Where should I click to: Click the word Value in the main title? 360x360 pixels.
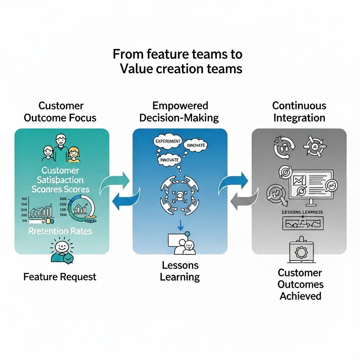click(x=135, y=68)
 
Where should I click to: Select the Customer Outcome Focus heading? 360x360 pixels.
click(x=60, y=111)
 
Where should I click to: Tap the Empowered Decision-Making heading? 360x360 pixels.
click(x=180, y=111)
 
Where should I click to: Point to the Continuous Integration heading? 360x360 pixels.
click(x=299, y=111)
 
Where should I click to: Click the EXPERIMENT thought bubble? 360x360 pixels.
click(x=168, y=141)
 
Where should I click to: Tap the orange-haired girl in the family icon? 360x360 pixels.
click(x=74, y=154)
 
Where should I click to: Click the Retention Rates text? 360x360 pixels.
click(x=60, y=231)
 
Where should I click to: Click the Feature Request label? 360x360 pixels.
click(x=60, y=277)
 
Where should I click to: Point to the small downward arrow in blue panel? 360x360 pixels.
click(x=180, y=225)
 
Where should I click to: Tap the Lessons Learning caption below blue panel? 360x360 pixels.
click(x=180, y=271)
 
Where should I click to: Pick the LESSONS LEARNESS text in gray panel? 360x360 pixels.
click(x=302, y=212)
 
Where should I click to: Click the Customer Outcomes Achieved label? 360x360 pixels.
click(x=300, y=284)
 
